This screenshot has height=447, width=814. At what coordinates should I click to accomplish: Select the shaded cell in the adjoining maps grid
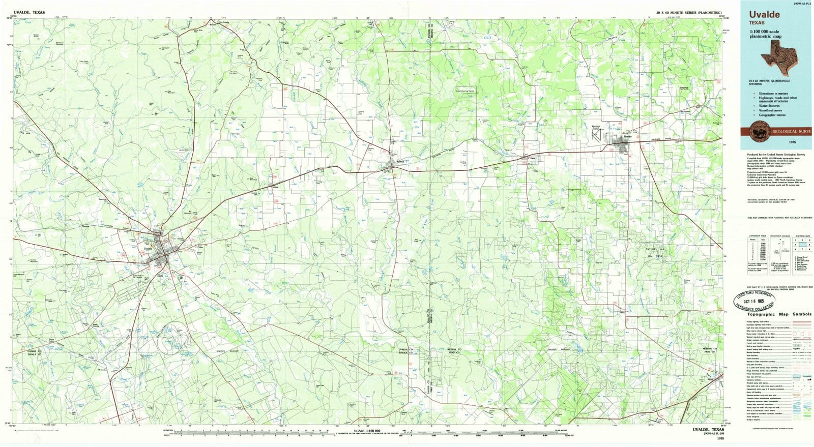[796, 244]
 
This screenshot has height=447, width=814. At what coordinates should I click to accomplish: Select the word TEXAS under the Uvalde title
[757, 22]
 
